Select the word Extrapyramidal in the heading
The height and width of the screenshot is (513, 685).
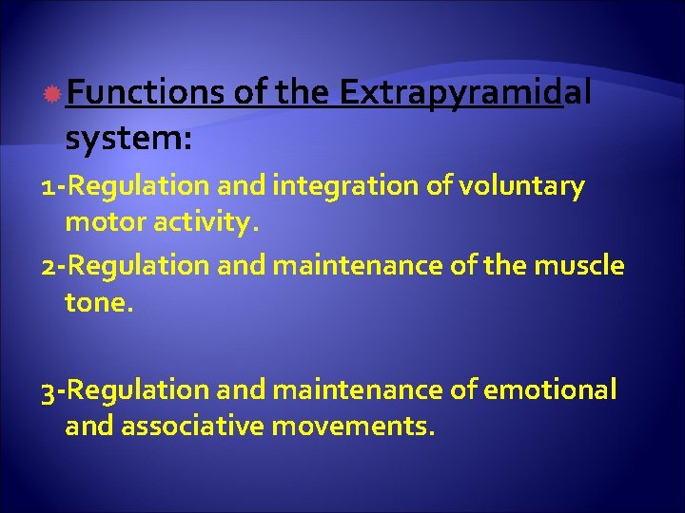tap(465, 92)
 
